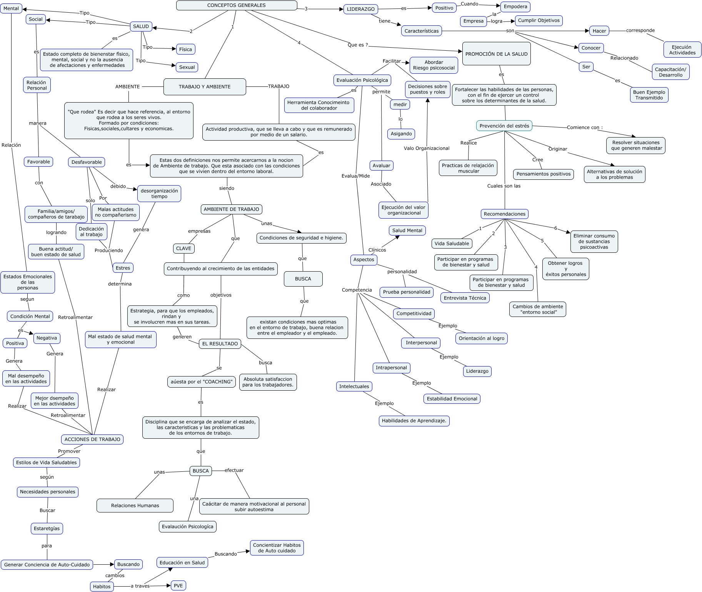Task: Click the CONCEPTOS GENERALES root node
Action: point(236,5)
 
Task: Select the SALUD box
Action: point(141,27)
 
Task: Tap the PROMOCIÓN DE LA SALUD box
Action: point(496,54)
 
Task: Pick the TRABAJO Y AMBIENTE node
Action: point(205,87)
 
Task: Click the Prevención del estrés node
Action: point(504,126)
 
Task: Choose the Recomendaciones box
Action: point(504,214)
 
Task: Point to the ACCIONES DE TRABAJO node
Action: point(92,439)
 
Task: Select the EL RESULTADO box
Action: point(220,344)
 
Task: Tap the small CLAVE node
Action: point(183,249)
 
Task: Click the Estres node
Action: point(123,268)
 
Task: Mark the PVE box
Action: point(178,585)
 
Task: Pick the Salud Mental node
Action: point(407,230)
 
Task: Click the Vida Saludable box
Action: point(452,244)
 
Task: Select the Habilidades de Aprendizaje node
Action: point(414,421)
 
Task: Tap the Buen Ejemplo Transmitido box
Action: point(649,95)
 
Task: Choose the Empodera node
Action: point(515,7)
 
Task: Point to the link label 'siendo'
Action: point(227,188)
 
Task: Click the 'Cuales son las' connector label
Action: point(504,186)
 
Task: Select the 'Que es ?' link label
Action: point(357,45)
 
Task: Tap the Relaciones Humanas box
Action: point(135,506)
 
